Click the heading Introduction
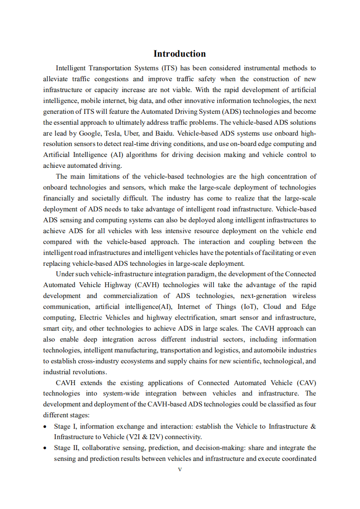point(179,54)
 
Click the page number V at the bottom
point(180,470)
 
